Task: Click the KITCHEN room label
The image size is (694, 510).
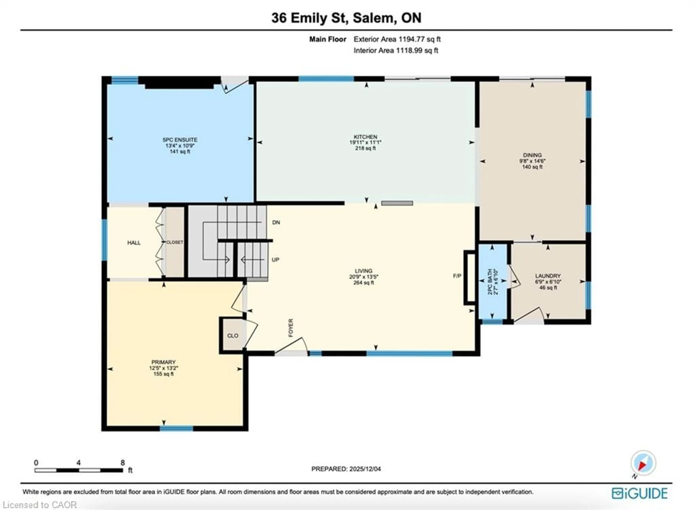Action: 365,137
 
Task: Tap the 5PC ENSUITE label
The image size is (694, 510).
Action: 180,140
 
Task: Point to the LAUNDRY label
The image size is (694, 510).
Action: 548,276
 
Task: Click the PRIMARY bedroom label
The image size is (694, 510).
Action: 163,362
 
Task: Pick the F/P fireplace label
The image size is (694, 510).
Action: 457,276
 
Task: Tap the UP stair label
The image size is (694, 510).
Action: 275,260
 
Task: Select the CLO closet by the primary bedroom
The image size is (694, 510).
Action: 233,336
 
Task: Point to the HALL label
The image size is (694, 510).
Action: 134,243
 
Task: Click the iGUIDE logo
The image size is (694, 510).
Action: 640,493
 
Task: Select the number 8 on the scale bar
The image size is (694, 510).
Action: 123,463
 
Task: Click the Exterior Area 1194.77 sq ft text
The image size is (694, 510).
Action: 397,39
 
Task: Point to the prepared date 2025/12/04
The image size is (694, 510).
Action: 365,469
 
